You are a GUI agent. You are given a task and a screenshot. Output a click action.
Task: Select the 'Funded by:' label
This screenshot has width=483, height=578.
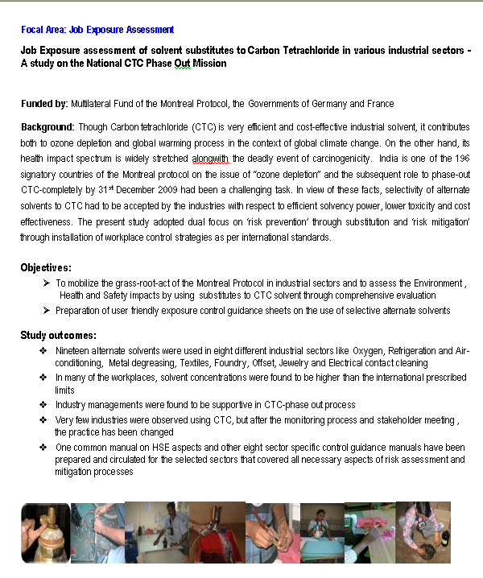click(x=43, y=105)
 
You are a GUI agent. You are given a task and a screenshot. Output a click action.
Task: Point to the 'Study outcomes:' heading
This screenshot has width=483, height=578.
click(x=60, y=335)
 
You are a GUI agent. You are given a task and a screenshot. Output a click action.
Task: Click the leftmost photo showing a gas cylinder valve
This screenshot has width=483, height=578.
click(x=45, y=533)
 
